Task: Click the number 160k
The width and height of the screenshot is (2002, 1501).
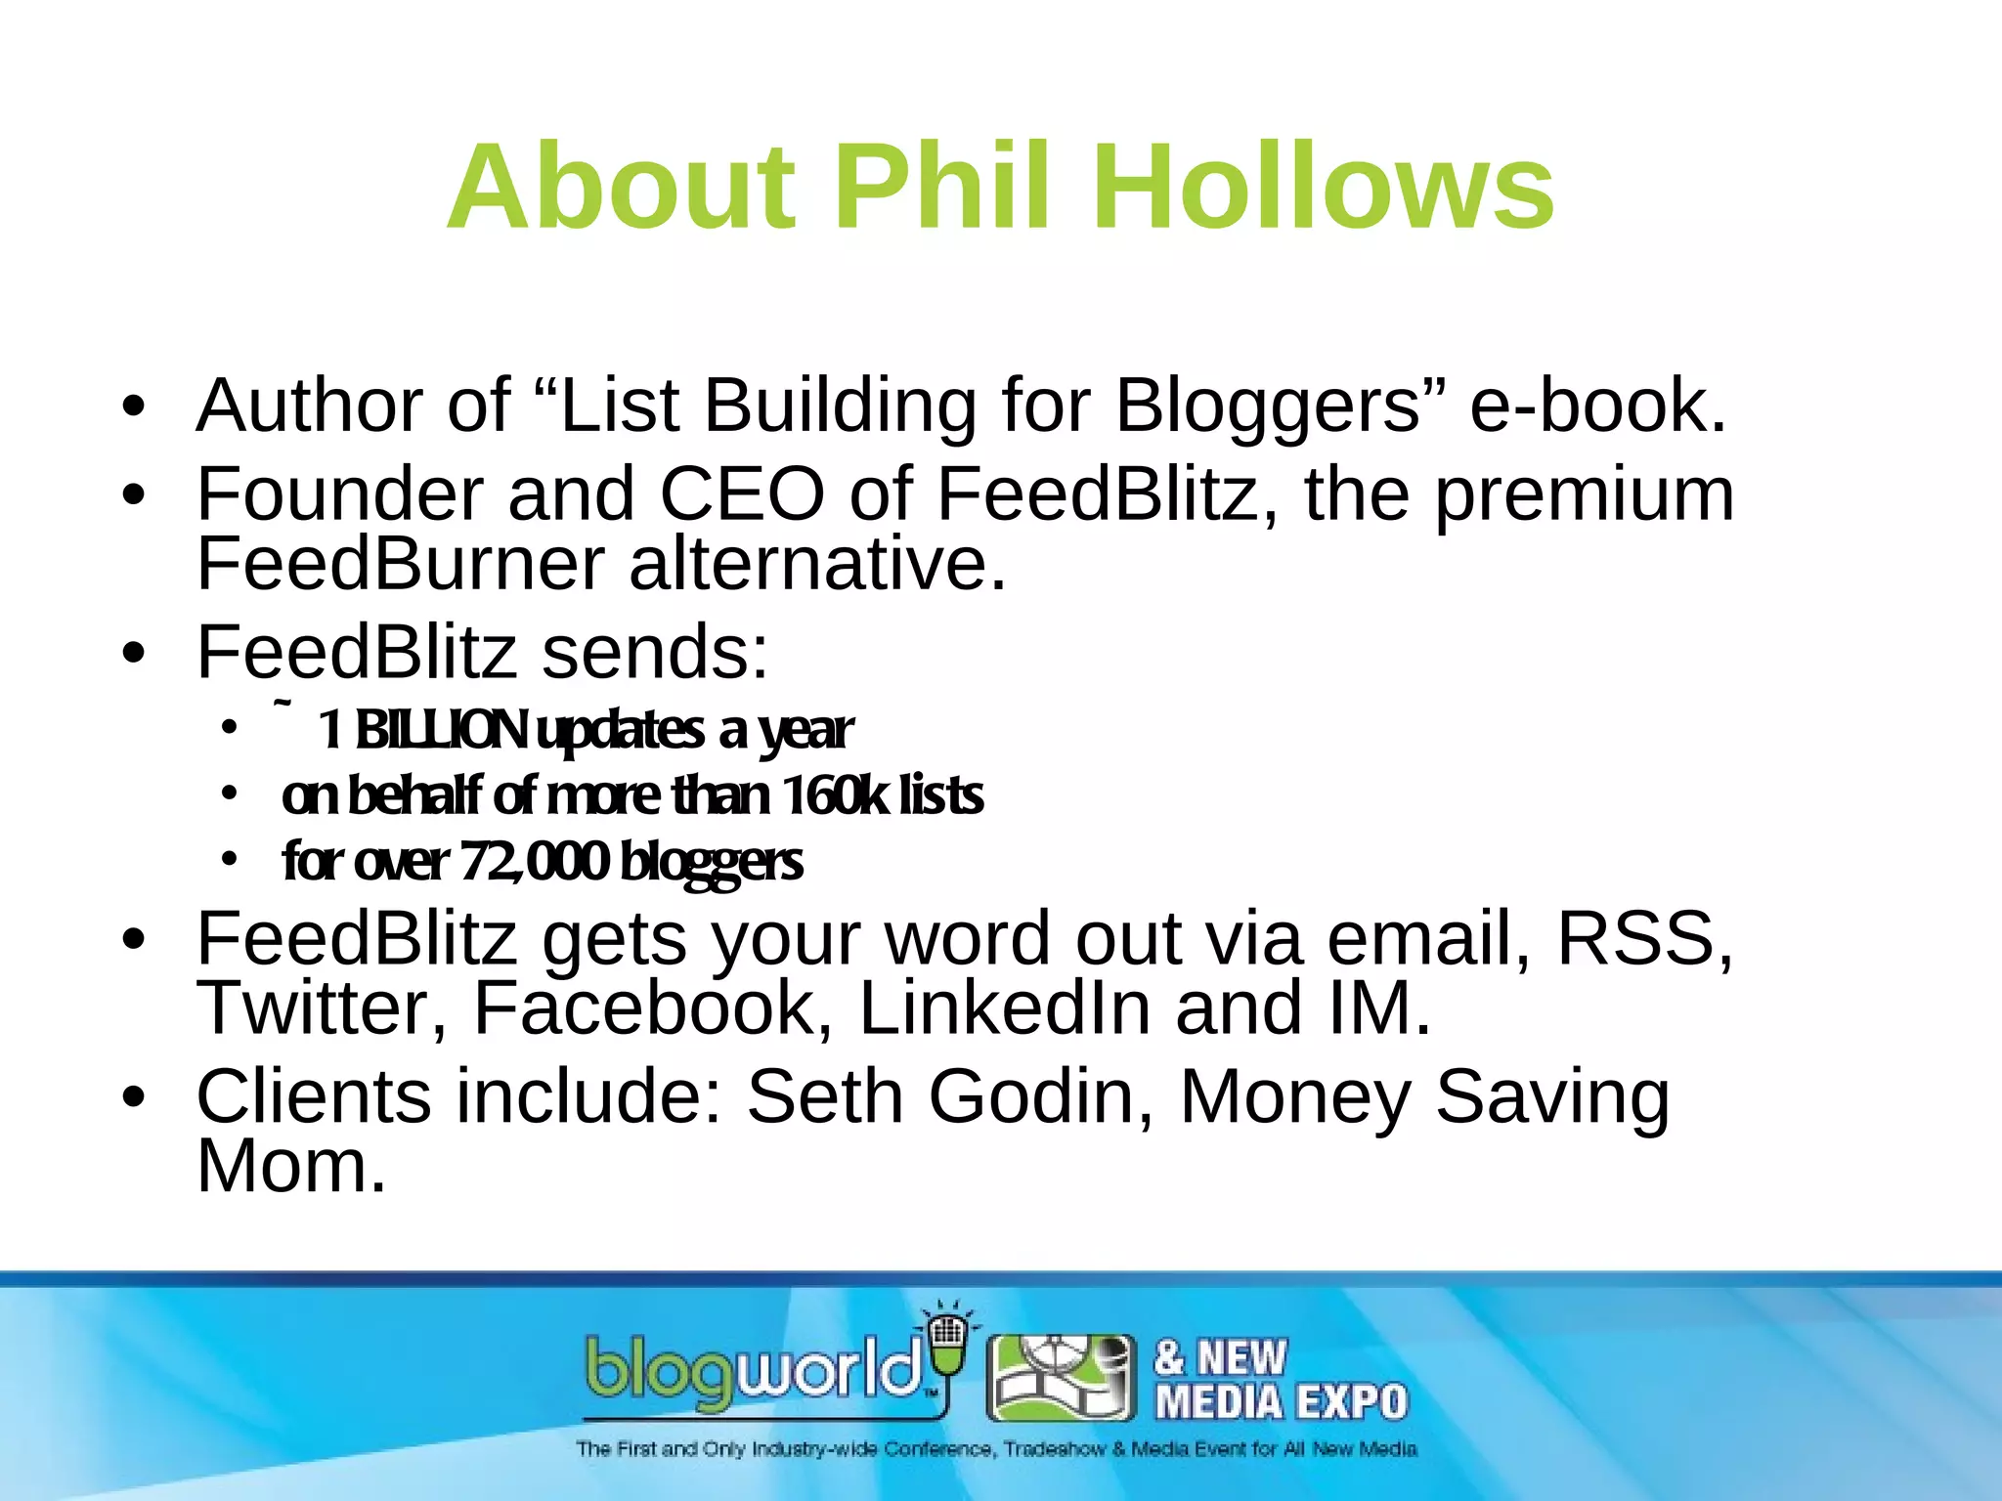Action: pos(834,795)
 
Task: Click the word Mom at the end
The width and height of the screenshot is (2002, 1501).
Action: pos(291,1167)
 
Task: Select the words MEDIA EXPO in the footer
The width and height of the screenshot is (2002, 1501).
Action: pos(1281,1402)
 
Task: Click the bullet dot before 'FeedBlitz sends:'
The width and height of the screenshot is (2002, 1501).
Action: pos(134,653)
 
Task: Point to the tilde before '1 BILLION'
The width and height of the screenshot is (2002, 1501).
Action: pos(283,703)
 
